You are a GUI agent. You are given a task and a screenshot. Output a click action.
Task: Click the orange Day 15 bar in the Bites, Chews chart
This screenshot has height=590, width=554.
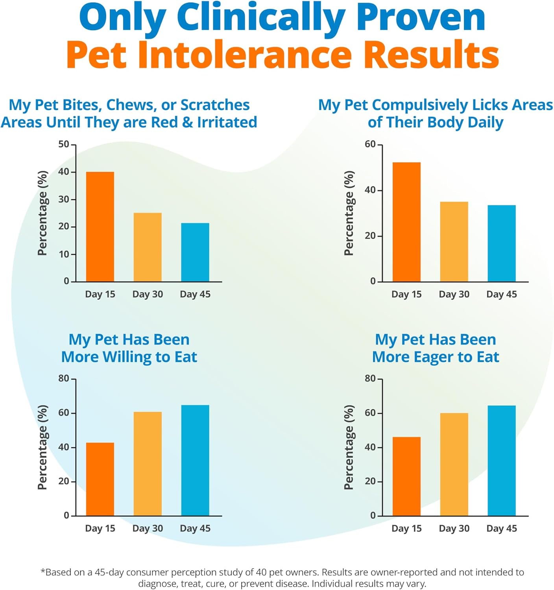(100, 227)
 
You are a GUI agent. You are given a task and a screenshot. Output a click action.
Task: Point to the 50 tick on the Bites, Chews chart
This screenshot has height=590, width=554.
(64, 144)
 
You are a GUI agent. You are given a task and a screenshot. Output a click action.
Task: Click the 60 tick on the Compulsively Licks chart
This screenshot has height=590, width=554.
(370, 144)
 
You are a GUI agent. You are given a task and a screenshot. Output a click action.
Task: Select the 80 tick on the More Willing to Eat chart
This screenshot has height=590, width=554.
(64, 378)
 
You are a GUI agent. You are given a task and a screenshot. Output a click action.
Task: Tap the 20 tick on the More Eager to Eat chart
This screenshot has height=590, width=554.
(370, 481)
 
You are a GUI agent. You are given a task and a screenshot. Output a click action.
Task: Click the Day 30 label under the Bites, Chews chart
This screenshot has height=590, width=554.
(148, 294)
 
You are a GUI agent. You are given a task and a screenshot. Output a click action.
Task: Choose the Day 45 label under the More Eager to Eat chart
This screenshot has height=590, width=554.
(501, 528)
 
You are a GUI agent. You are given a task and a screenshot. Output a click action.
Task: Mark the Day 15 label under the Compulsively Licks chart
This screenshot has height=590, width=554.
(406, 294)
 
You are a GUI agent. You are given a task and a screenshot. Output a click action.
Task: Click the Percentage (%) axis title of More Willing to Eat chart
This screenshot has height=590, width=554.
(42, 447)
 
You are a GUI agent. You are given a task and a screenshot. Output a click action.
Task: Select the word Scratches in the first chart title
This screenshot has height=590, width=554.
(215, 105)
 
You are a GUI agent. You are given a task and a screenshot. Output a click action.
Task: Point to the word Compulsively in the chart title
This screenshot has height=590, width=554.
(420, 105)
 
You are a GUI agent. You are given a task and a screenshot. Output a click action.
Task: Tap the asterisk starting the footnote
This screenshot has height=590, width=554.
(43, 571)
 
